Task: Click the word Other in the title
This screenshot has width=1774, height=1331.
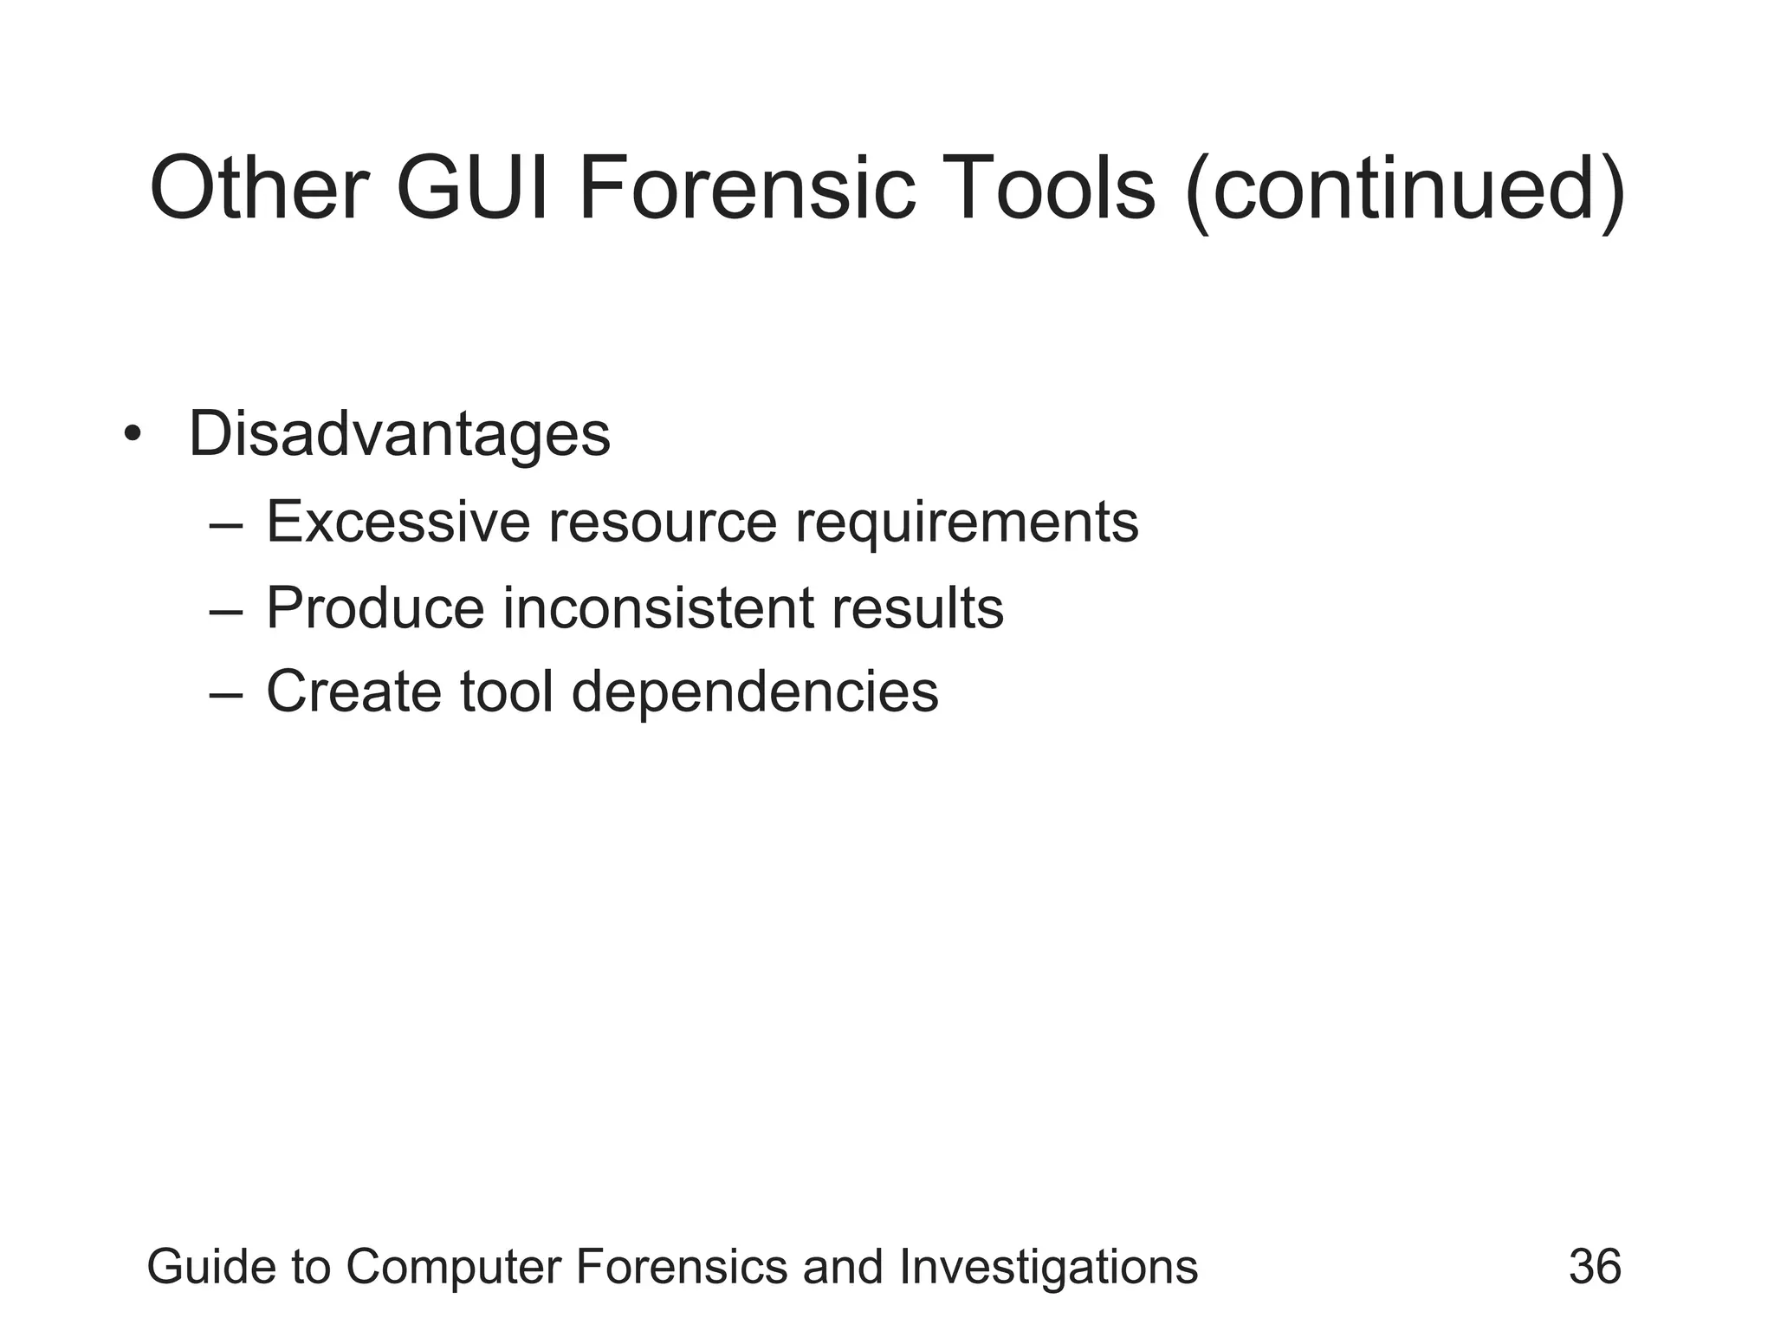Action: (260, 189)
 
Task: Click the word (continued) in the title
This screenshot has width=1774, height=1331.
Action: (1404, 192)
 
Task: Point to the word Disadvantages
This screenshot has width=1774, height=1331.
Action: (399, 433)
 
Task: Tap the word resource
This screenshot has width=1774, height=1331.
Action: (663, 522)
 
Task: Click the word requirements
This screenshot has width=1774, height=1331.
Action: (967, 523)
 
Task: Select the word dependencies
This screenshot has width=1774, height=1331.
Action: (754, 692)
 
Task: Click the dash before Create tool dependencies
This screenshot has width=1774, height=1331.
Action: (226, 694)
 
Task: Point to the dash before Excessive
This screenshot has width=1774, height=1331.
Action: (226, 525)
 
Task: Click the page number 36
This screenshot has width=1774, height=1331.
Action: (1595, 1266)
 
